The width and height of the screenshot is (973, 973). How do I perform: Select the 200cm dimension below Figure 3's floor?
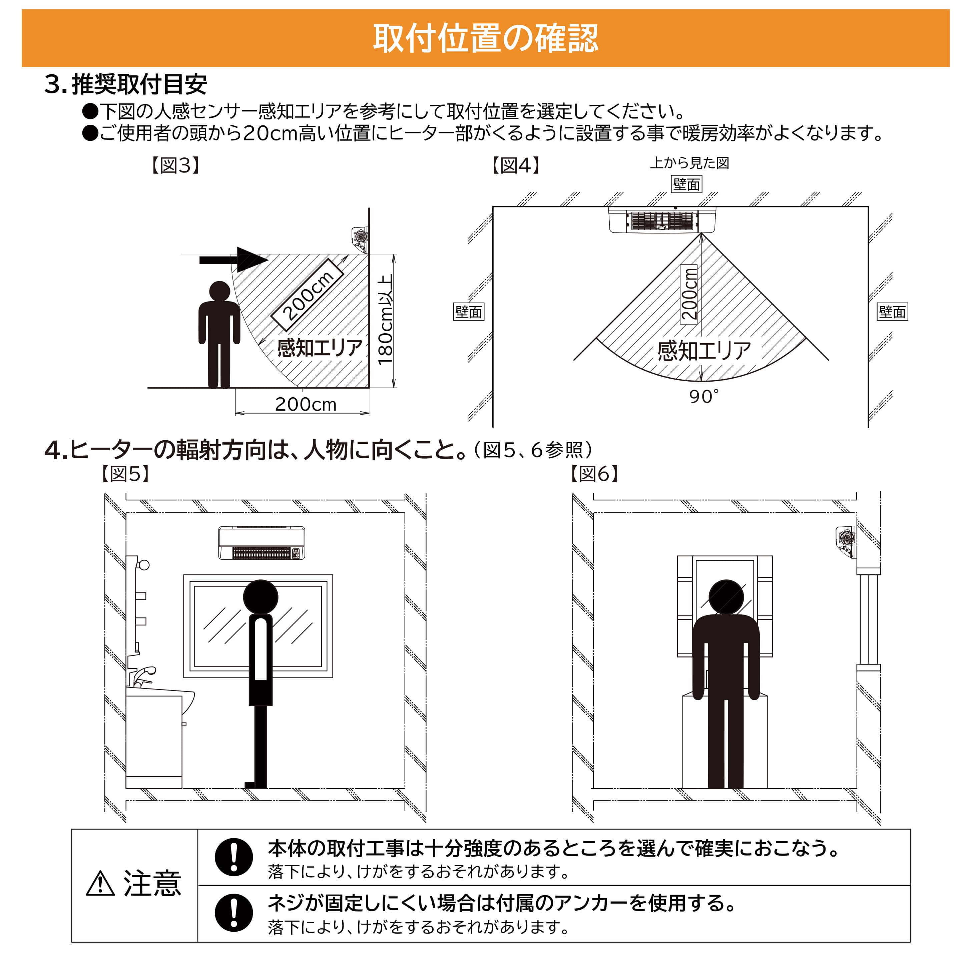[x=305, y=404]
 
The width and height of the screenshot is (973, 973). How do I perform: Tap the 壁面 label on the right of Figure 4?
[x=892, y=312]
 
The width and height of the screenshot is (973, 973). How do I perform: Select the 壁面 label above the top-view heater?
[x=686, y=184]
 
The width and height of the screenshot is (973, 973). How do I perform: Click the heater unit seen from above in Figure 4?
[x=662, y=220]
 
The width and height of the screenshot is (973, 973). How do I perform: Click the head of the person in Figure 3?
[x=219, y=292]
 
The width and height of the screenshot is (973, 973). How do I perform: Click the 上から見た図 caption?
[x=689, y=163]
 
